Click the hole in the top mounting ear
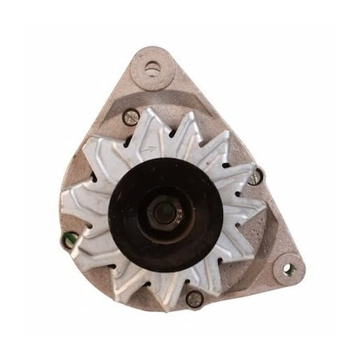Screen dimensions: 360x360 point(152,67)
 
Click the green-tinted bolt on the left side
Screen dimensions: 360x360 point(69,240)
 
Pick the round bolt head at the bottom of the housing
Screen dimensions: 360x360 point(195,298)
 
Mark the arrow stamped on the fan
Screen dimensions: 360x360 point(146,147)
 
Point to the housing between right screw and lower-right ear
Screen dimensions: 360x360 point(270,222)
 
